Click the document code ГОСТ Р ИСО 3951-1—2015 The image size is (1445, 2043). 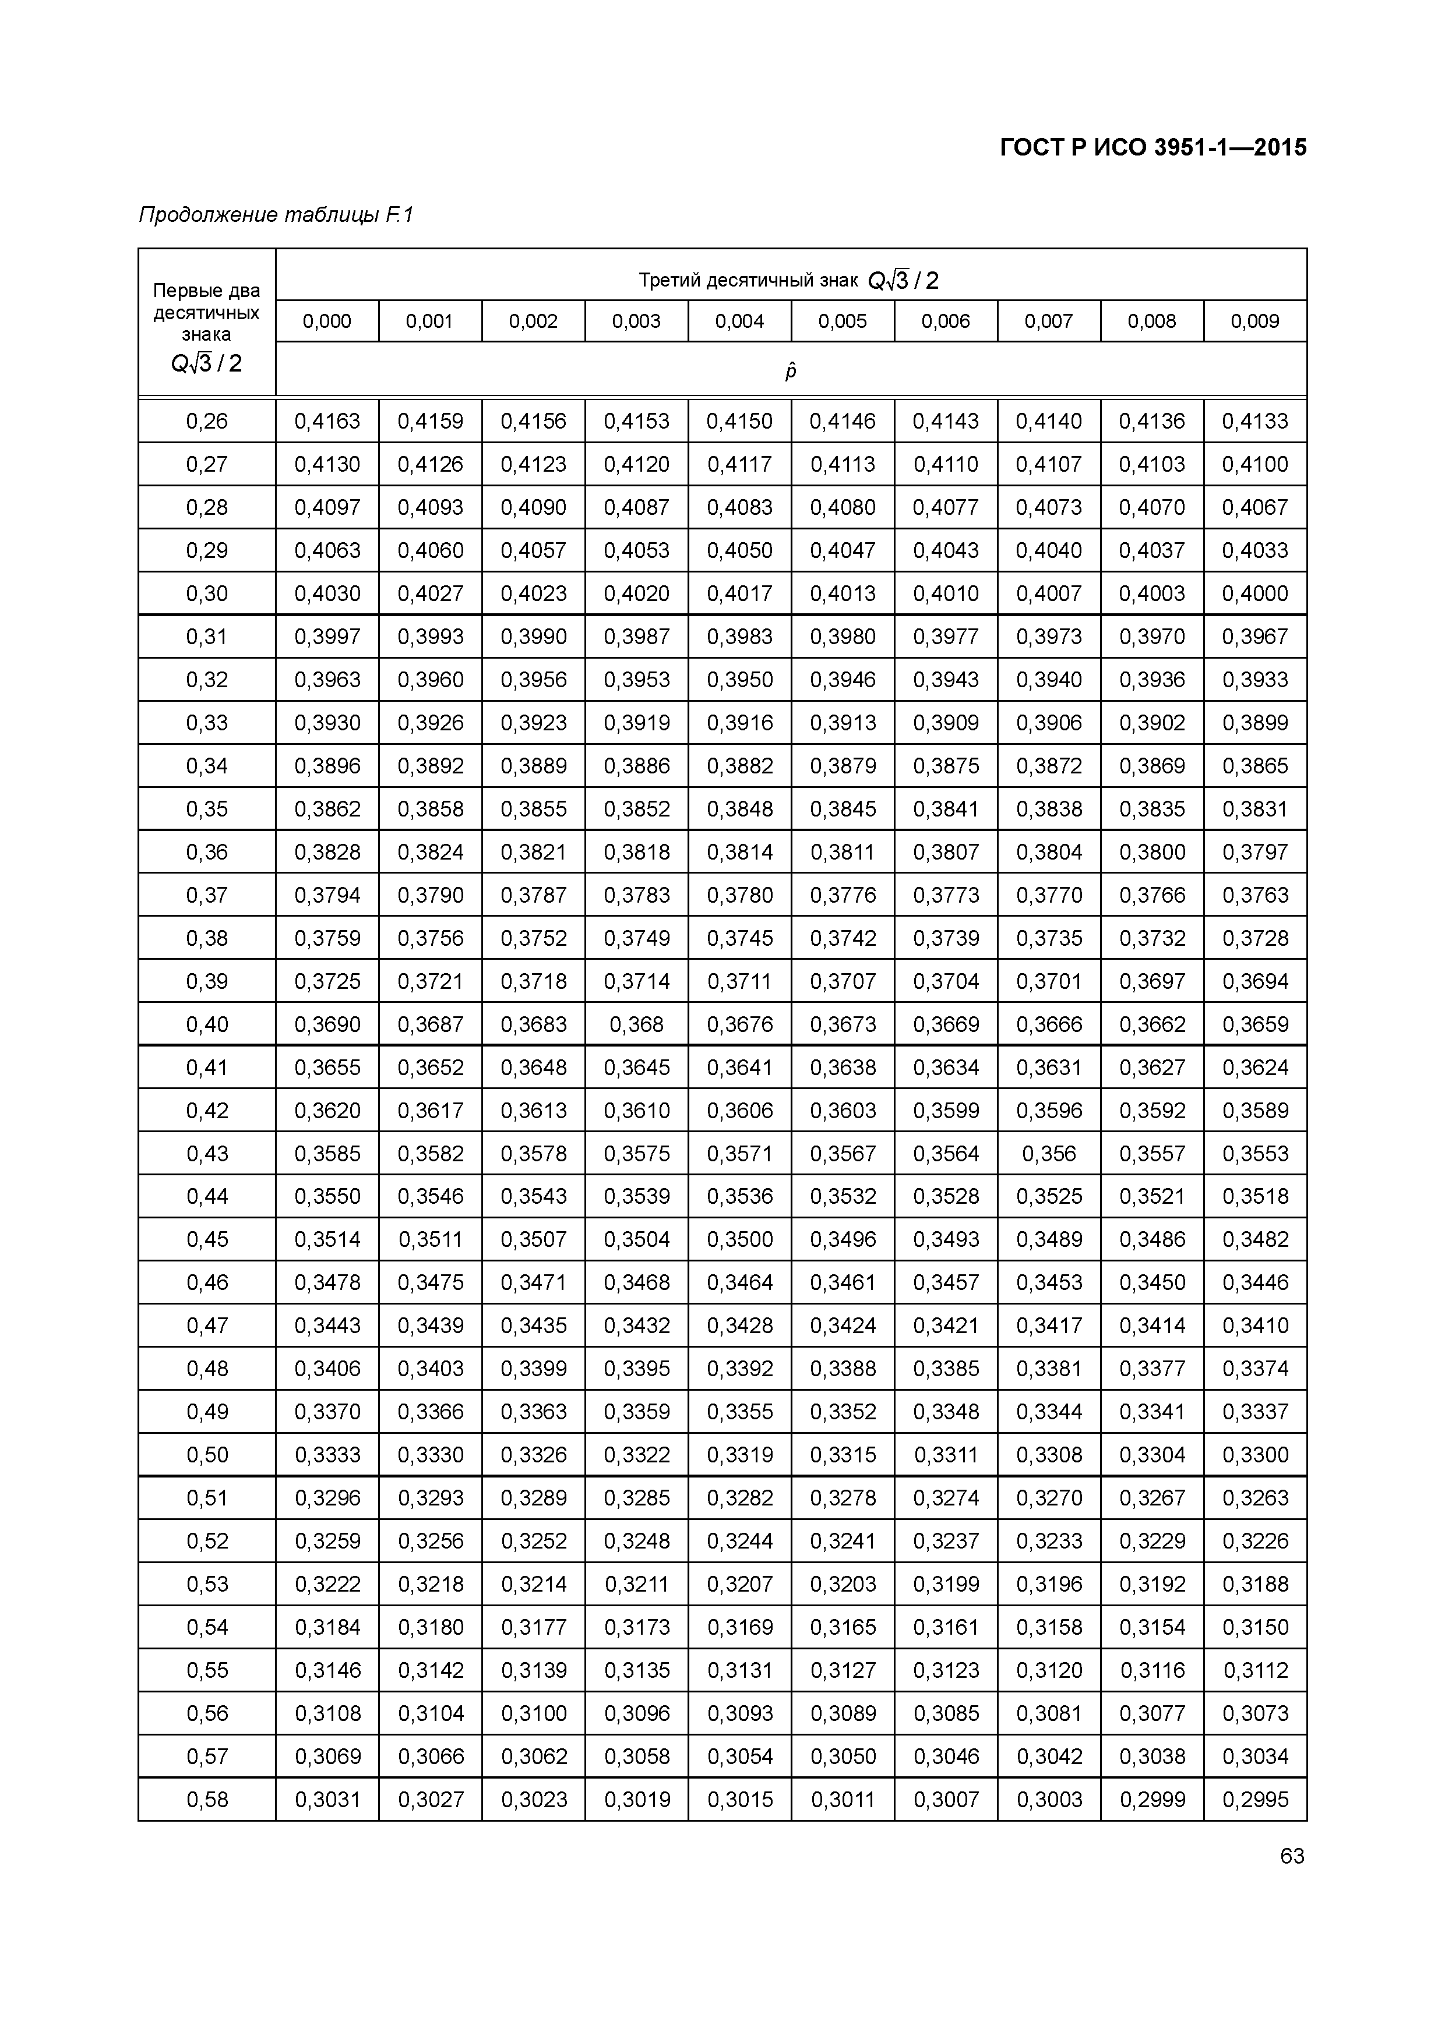(x=1153, y=148)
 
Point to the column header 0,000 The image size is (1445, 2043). (x=327, y=321)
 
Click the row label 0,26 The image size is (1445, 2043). (x=207, y=421)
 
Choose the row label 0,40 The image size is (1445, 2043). (x=207, y=1024)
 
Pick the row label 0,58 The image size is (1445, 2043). (x=207, y=1799)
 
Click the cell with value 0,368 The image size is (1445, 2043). (x=637, y=1024)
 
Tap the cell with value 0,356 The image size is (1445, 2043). (x=1049, y=1153)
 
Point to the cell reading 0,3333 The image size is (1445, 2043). (x=327, y=1455)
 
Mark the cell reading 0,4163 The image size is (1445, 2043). (x=327, y=421)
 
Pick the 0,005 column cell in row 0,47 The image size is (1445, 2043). (x=843, y=1326)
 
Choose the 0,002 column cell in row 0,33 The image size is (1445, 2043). (x=533, y=723)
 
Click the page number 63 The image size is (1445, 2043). (x=1292, y=1856)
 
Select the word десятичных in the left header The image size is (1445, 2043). (x=207, y=312)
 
